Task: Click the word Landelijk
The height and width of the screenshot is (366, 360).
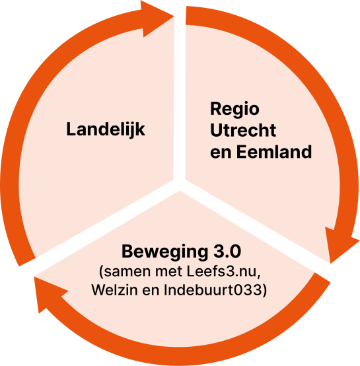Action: point(106,129)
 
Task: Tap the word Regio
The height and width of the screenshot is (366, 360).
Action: point(234,110)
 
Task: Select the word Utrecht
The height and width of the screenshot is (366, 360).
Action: point(243,130)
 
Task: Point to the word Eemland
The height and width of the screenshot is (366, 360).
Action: point(274,152)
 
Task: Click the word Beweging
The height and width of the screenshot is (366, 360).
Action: point(164,252)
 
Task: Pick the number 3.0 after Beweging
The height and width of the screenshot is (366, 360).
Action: point(227,252)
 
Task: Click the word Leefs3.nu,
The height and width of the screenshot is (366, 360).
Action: point(223,272)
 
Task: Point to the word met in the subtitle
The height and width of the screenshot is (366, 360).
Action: point(168,272)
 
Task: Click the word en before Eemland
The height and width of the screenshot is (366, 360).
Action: point(221,153)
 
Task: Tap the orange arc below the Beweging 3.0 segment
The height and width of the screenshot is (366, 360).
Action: point(182,356)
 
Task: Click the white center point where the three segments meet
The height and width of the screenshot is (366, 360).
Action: point(180,184)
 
